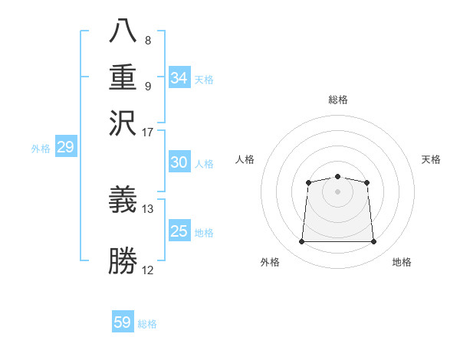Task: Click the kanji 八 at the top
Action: (x=123, y=31)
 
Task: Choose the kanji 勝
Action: (x=123, y=260)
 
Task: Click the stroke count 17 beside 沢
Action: (x=148, y=131)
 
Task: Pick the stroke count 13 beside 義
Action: (x=148, y=208)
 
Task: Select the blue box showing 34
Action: (x=179, y=78)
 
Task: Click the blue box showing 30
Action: (x=179, y=162)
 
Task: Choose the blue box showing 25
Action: (x=179, y=231)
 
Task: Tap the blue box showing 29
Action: (x=65, y=147)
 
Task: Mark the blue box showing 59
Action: (x=123, y=322)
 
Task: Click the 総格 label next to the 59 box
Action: (x=147, y=324)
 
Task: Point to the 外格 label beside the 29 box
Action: (x=40, y=149)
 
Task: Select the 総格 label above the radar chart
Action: (x=337, y=100)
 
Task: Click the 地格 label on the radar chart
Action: (x=402, y=262)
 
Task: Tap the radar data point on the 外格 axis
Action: (x=301, y=242)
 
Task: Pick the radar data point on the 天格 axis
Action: (x=367, y=182)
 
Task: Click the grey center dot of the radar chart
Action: (x=337, y=191)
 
